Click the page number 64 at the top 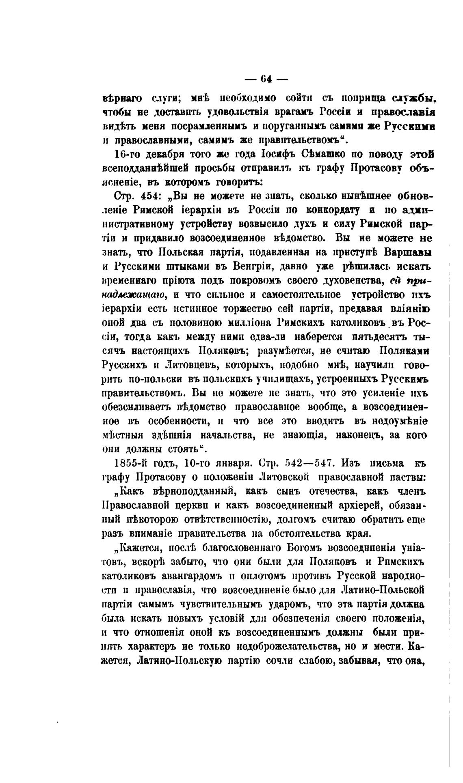tap(266, 79)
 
